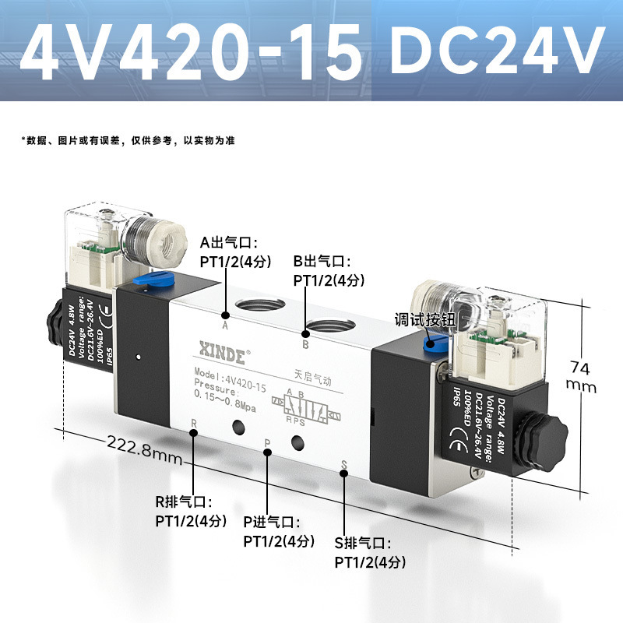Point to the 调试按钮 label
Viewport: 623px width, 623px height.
pos(424,319)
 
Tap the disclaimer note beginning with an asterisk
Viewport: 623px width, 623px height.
pos(128,141)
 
